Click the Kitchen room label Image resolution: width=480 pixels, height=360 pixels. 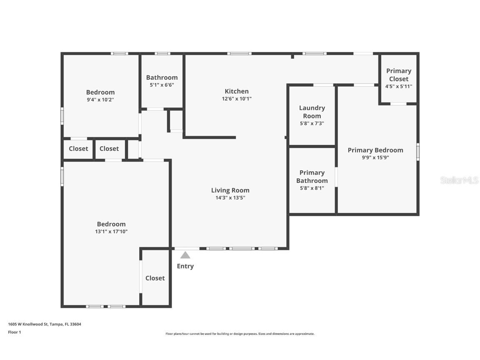(237, 91)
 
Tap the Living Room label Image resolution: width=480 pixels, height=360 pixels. (230, 190)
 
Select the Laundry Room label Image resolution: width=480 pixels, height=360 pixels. (312, 112)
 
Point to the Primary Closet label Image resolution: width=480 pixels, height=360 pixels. (398, 75)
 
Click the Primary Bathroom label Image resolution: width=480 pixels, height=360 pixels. (312, 176)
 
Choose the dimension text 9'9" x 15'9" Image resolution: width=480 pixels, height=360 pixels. (375, 157)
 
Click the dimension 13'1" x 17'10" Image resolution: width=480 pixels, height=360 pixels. (111, 231)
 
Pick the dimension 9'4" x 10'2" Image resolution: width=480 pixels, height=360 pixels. (100, 100)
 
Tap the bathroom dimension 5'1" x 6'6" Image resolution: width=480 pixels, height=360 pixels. (162, 85)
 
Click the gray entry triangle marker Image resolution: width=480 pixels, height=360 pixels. (185, 255)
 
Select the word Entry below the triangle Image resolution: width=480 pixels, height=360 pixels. (185, 266)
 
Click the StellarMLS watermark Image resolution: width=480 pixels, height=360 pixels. (459, 180)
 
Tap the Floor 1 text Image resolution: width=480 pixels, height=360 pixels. (14, 332)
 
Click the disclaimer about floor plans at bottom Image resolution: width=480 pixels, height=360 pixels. (240, 334)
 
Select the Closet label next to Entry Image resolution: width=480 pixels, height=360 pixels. (155, 278)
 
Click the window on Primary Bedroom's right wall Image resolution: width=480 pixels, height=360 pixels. (417, 152)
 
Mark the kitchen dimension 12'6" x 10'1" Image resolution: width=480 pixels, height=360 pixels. (237, 99)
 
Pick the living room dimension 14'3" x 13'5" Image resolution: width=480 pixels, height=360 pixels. (230, 198)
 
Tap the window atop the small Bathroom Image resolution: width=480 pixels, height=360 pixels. (162, 53)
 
